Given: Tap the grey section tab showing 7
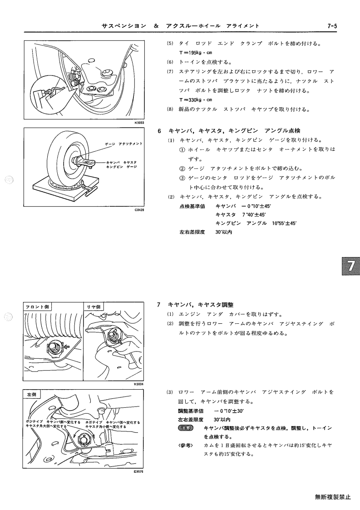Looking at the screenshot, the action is [350, 266].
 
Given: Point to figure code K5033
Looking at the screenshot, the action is [139, 123].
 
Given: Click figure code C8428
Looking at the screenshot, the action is [139, 210].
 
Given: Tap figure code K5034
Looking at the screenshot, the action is [139, 384].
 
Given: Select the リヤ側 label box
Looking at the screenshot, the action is [94, 307].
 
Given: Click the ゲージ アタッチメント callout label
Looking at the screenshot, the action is [123, 144].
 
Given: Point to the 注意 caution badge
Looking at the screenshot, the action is [186, 428].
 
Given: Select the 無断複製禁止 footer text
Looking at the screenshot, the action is [333, 497].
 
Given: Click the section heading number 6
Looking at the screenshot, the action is [159, 131].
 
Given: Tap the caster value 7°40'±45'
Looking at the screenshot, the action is [254, 215].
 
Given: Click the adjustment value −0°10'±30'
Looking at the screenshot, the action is [230, 411].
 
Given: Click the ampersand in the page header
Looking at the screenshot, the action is [157, 26].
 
